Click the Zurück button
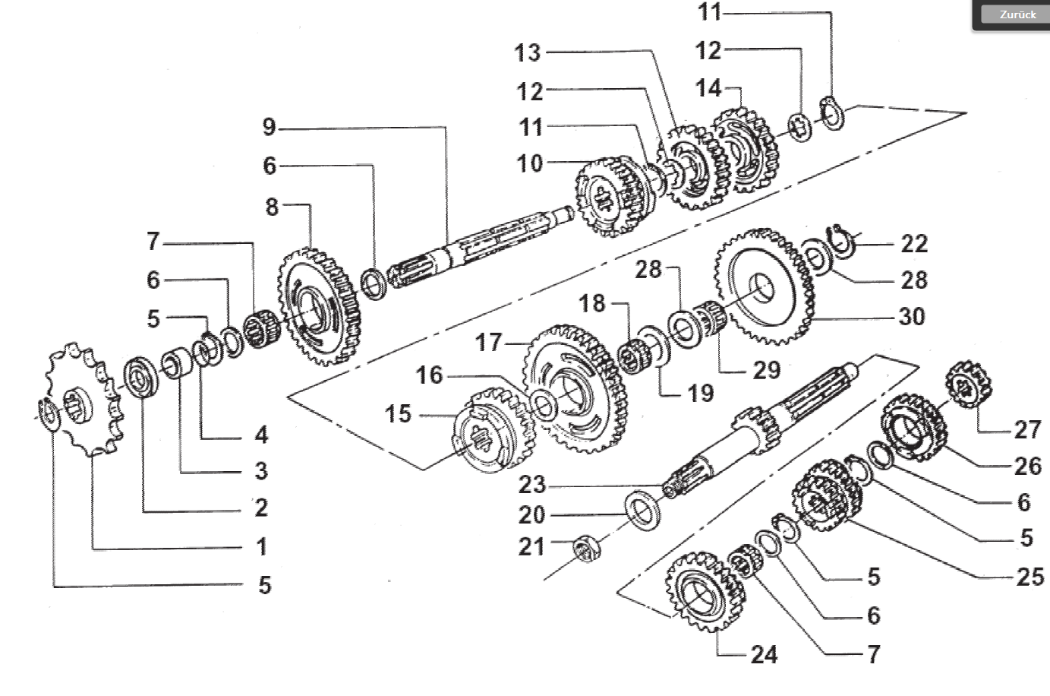(1017, 14)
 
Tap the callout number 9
(270, 127)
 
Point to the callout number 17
(490, 343)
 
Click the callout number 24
(764, 654)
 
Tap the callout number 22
(914, 244)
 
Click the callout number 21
(531, 546)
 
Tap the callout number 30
(912, 315)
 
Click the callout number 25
(1030, 577)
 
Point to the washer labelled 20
(642, 510)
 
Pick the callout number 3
(260, 471)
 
